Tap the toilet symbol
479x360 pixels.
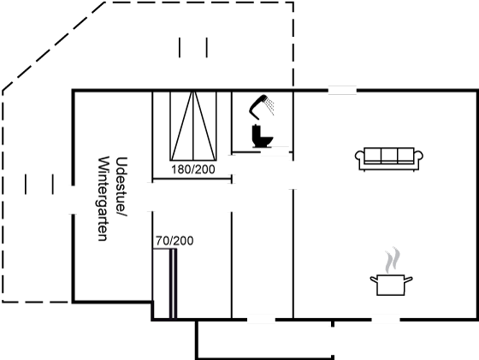pos(262,136)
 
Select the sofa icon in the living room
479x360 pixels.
pos(389,159)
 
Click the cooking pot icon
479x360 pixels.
pos(391,285)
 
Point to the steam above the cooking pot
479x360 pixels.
pos(393,260)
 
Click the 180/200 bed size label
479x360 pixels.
pos(193,169)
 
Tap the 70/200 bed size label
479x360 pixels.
pos(174,241)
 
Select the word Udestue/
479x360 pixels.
pos(121,186)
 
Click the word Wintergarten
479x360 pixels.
pos(103,198)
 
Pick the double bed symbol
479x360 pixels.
pos(193,126)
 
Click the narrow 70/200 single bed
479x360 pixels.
pos(164,284)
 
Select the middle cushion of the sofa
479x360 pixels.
pos(389,155)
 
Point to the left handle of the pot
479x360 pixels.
pos(374,279)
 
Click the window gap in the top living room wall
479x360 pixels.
pos(342,91)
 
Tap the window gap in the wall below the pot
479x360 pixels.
pos(386,320)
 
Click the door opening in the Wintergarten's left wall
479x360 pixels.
pos(74,200)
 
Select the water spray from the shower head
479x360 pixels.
pos(269,105)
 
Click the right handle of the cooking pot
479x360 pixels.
pos(409,279)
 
